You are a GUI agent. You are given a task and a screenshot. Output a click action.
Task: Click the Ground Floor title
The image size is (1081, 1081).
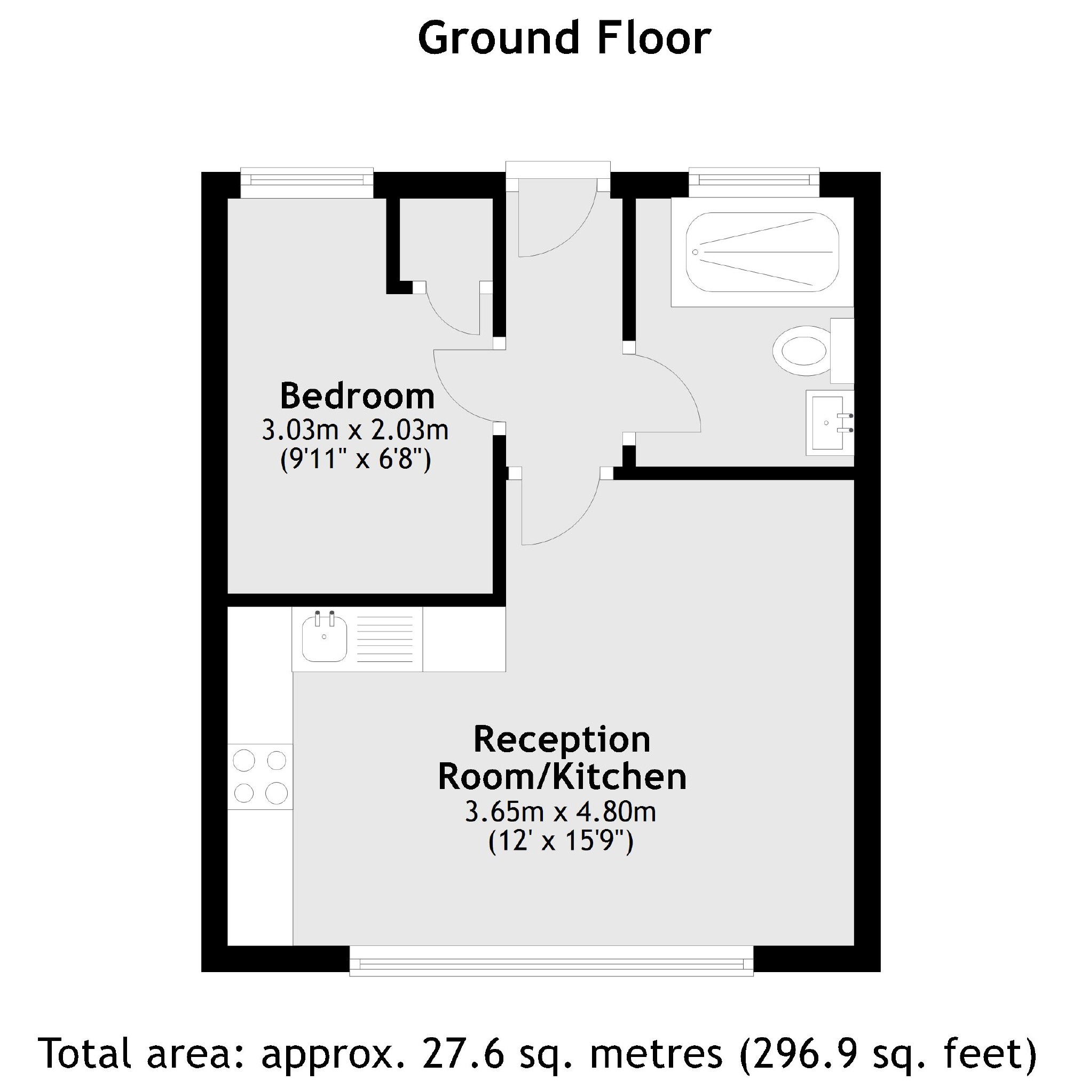[564, 39]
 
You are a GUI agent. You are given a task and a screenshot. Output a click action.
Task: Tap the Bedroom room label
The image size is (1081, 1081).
[357, 396]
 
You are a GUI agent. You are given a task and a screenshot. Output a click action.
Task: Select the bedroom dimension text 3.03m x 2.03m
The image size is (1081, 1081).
[356, 430]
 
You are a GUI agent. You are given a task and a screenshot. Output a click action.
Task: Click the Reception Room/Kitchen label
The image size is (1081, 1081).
[562, 758]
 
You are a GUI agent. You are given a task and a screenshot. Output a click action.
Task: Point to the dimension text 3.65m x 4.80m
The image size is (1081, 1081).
[561, 811]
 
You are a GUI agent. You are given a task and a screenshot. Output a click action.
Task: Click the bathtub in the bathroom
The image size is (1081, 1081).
[762, 252]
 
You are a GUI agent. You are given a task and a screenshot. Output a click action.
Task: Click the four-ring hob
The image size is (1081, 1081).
[260, 777]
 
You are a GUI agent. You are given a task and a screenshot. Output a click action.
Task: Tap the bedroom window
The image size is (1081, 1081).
[306, 180]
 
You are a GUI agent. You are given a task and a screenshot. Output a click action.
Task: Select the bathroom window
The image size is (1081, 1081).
[754, 180]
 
